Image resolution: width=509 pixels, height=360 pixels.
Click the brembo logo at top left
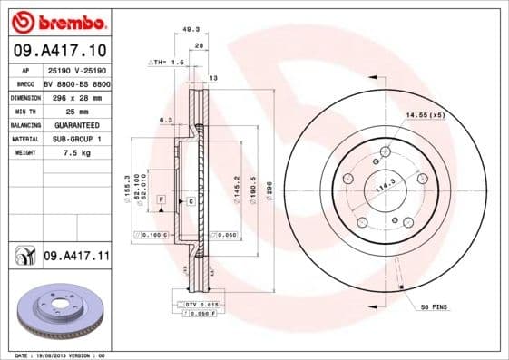(58, 20)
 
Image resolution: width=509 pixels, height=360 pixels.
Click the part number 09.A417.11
(75, 258)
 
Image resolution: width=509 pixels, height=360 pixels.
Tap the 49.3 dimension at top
(191, 29)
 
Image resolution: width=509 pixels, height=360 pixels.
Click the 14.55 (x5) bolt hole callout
(425, 114)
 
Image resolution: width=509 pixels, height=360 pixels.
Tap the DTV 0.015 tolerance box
(202, 303)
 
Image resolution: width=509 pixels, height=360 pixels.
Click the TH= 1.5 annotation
(167, 63)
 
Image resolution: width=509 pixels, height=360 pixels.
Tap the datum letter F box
(160, 198)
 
